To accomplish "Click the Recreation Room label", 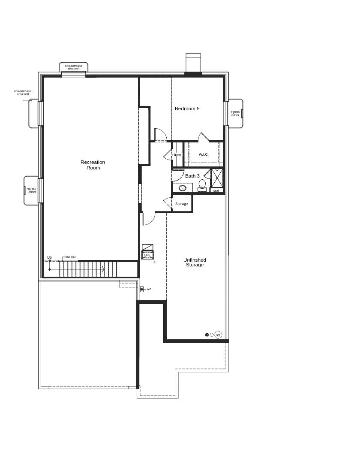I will click(x=93, y=165).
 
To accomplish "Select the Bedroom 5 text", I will click(x=187, y=109).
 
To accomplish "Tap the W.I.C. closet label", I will click(x=204, y=154).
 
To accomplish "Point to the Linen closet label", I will click(x=177, y=155).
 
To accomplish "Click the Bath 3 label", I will click(x=192, y=176).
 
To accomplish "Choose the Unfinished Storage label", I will click(x=195, y=263).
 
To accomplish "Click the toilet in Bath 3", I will click(x=202, y=185).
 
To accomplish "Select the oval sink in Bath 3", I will click(x=183, y=188).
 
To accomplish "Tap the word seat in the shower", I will click(x=216, y=190).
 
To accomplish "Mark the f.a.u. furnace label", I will click(x=147, y=255).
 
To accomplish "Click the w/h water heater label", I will click(x=149, y=289).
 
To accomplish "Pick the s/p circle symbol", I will click(x=218, y=335).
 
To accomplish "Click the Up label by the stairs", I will click(x=49, y=257).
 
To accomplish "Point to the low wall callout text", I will click(x=70, y=257).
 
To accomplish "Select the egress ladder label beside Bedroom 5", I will click(x=235, y=113).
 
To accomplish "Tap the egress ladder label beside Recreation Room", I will click(x=32, y=190).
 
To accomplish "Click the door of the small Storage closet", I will click(x=167, y=202).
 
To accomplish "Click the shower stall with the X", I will click(x=217, y=178).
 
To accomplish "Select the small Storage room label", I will click(x=181, y=204).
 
